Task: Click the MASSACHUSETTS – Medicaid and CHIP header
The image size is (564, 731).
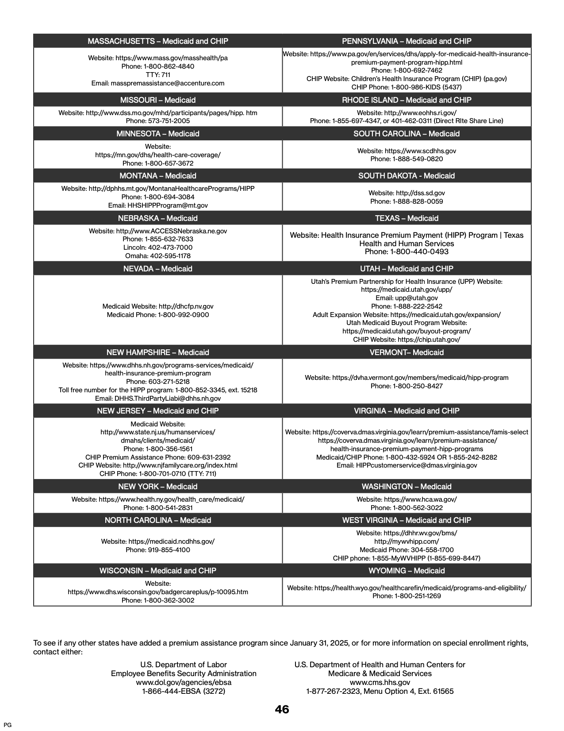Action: (x=158, y=41)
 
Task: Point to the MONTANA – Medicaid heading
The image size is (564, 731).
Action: (x=158, y=176)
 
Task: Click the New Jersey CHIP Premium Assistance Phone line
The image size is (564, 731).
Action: (x=158, y=457)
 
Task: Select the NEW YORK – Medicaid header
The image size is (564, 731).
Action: (x=158, y=487)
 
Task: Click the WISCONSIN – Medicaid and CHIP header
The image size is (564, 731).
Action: (x=158, y=571)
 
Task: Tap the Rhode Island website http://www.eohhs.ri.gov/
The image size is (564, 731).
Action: (x=420, y=113)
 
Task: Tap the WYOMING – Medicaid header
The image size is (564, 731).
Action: (x=407, y=571)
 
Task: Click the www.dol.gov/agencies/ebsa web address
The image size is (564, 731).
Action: (x=184, y=682)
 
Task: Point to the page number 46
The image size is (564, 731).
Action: (x=282, y=710)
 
